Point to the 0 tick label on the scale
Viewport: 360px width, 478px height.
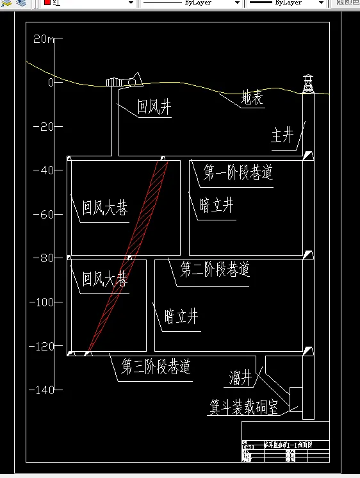pyautogui.click(x=49, y=83)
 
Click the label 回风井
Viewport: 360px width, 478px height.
pyautogui.click(x=155, y=107)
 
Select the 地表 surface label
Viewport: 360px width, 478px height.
pyautogui.click(x=252, y=99)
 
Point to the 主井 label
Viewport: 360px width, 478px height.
pyautogui.click(x=282, y=135)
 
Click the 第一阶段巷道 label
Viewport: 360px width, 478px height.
pyautogui.click(x=238, y=172)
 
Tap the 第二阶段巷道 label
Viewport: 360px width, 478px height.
pyautogui.click(x=215, y=268)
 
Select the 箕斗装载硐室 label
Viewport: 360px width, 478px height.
pyautogui.click(x=244, y=407)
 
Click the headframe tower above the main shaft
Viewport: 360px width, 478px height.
pyautogui.click(x=308, y=84)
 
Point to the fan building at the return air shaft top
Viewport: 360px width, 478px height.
pyautogui.click(x=124, y=81)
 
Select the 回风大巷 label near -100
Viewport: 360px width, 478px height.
pyautogui.click(x=104, y=279)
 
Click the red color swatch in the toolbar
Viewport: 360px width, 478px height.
pyautogui.click(x=47, y=3)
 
